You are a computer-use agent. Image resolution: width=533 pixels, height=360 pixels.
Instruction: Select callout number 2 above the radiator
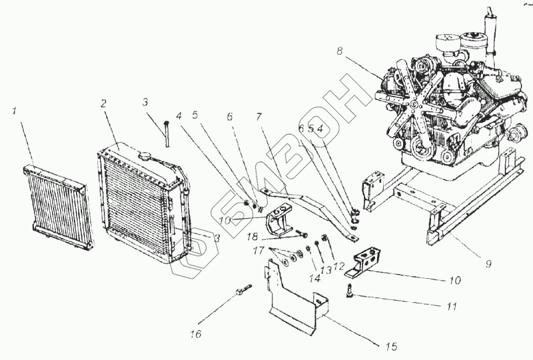click(104, 103)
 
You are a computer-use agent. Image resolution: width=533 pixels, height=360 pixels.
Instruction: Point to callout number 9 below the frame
click(488, 264)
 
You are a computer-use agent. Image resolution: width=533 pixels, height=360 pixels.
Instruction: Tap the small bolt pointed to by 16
click(243, 291)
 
